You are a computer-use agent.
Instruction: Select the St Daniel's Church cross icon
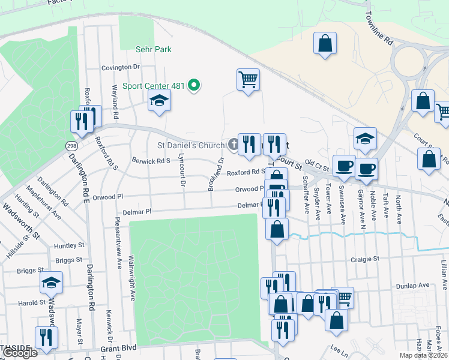(x=233, y=145)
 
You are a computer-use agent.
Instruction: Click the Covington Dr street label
(x=120, y=68)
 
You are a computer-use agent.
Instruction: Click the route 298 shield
(x=71, y=146)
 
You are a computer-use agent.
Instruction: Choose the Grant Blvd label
(x=118, y=348)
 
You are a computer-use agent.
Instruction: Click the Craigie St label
(x=366, y=259)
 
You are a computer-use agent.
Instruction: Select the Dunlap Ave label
(x=414, y=286)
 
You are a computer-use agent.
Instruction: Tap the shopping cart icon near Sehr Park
(x=248, y=79)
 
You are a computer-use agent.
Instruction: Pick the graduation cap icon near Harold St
(x=51, y=281)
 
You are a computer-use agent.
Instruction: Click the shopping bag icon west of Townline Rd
(x=324, y=43)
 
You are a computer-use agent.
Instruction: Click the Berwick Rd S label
(x=151, y=161)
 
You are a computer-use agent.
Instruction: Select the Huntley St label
(x=68, y=245)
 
